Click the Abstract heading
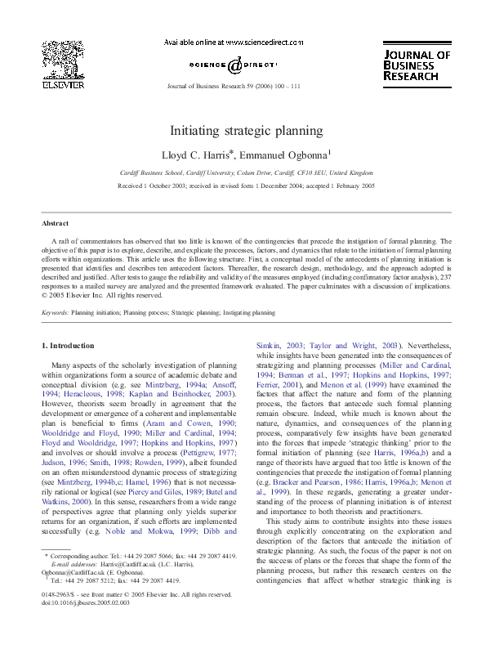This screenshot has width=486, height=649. click(x=56, y=223)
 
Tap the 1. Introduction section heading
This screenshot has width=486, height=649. click(x=67, y=346)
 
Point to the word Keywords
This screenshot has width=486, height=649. click(x=55, y=312)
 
